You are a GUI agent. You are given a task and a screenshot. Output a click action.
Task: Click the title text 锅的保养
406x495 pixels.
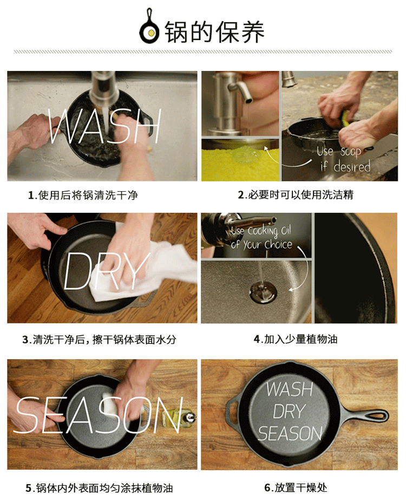[x=214, y=32]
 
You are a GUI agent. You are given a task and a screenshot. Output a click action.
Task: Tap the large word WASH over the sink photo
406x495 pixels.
[x=104, y=126]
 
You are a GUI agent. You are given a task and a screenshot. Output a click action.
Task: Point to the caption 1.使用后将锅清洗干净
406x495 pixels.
[x=83, y=195]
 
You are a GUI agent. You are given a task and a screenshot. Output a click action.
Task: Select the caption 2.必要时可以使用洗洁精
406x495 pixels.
[x=296, y=195]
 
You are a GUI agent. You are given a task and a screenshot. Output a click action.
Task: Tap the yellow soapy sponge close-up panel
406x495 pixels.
[x=240, y=160]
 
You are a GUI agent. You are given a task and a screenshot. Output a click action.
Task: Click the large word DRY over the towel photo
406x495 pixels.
[x=106, y=271]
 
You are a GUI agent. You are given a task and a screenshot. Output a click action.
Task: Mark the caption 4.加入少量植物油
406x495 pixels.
[x=296, y=340]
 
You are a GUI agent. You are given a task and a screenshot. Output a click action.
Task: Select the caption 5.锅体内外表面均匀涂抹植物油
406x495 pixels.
[x=99, y=488]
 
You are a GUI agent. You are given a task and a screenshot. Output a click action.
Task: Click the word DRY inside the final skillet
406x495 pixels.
[x=289, y=412]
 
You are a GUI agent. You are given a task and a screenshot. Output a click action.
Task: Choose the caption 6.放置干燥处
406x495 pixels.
[x=296, y=487]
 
